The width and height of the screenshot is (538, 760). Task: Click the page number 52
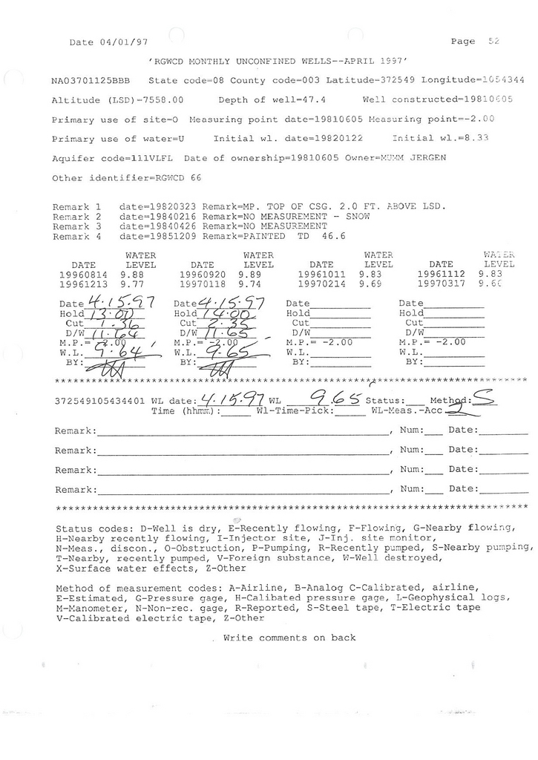[494, 42]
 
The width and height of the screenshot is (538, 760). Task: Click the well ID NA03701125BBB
[93, 80]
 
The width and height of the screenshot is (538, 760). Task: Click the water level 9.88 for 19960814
[131, 273]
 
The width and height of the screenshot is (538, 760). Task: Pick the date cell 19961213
[83, 283]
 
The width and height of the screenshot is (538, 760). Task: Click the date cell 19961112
[442, 273]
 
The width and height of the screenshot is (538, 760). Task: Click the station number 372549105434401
[100, 402]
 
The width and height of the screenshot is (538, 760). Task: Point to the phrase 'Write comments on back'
[289, 638]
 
